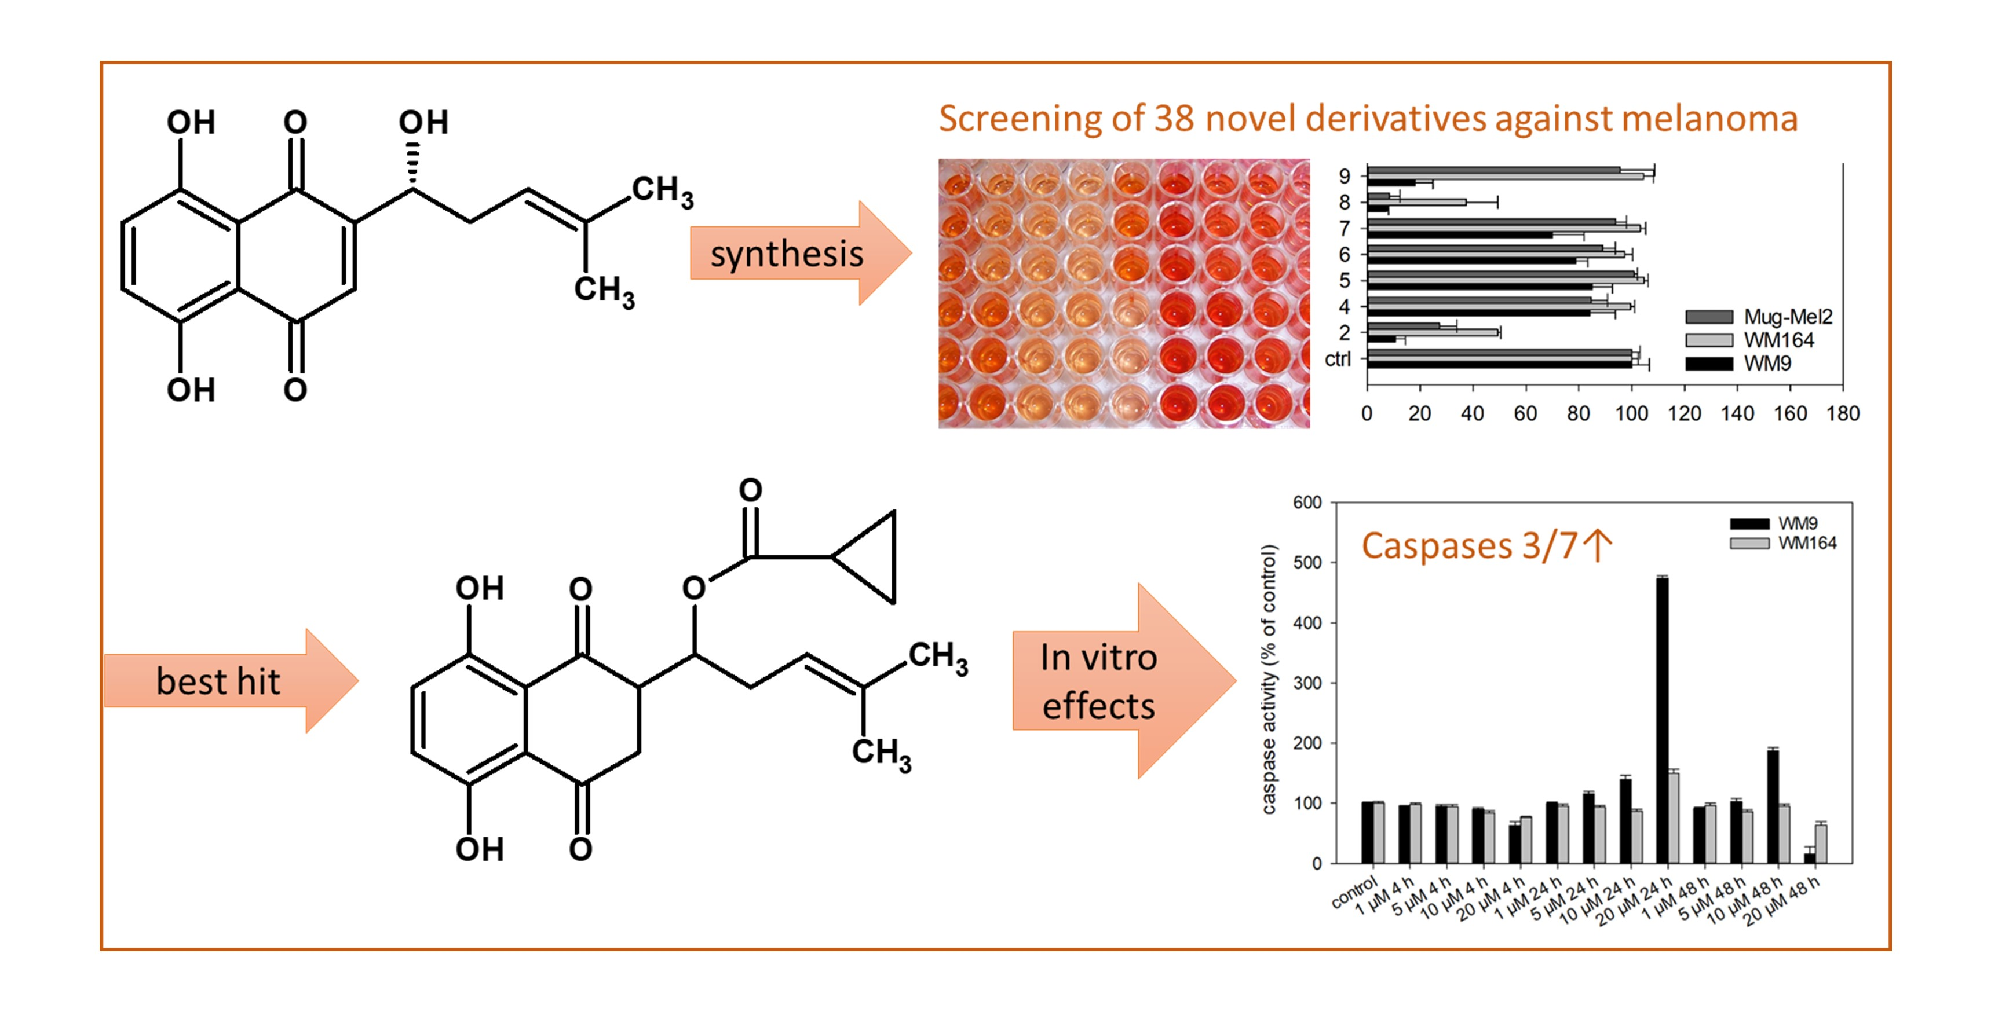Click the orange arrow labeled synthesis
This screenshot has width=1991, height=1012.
[788, 254]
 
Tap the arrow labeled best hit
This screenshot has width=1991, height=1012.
[220, 681]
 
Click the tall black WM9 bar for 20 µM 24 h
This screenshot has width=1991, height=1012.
[1662, 718]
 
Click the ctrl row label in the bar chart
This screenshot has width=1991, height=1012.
[1338, 359]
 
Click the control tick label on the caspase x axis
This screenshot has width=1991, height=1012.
[1354, 892]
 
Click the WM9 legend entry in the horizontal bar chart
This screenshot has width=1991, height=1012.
[1767, 363]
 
